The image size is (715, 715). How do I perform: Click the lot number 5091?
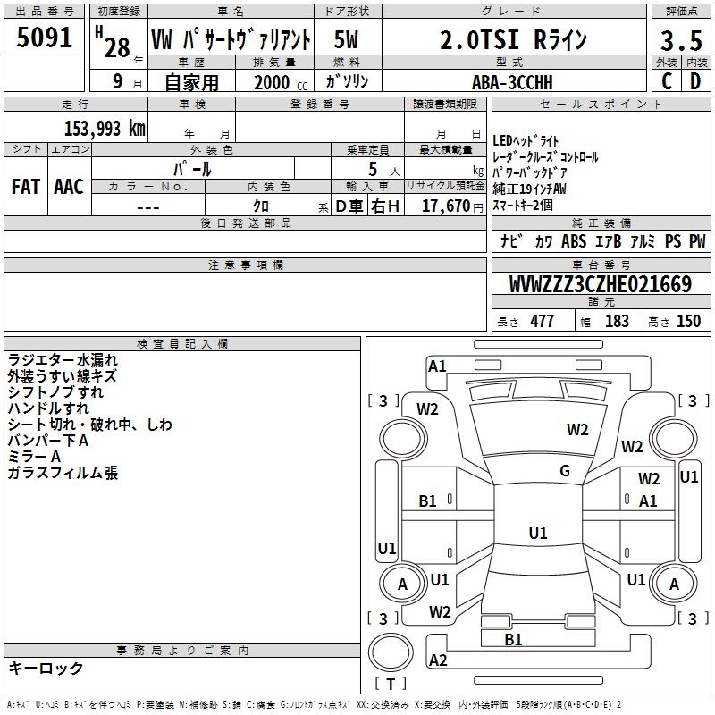pyautogui.click(x=44, y=38)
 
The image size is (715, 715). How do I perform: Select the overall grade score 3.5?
pyautogui.click(x=681, y=40)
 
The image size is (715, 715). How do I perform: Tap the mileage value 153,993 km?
pyautogui.click(x=105, y=128)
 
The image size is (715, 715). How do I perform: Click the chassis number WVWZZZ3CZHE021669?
pyautogui.click(x=601, y=284)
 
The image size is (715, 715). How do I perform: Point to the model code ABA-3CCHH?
pyautogui.click(x=512, y=82)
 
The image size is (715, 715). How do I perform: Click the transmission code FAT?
pyautogui.click(x=26, y=187)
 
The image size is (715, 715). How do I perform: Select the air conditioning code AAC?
pyautogui.click(x=69, y=187)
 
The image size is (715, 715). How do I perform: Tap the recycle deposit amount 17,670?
pyautogui.click(x=446, y=206)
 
